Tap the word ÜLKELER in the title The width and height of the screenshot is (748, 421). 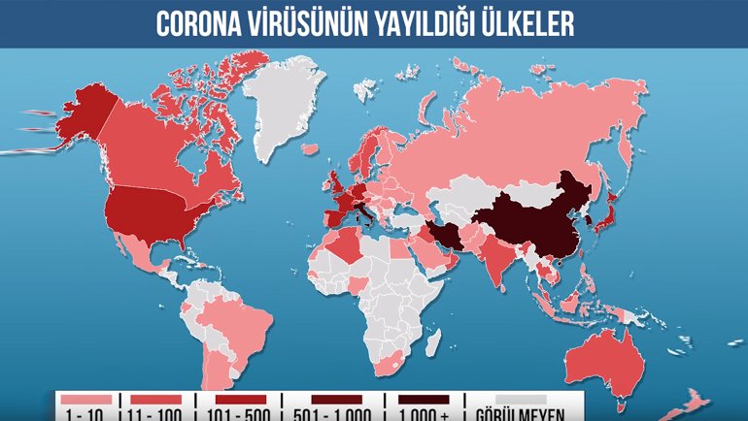coord(521,23)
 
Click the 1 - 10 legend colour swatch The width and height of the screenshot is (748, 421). coord(85,399)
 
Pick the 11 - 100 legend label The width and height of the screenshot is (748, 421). coord(153,414)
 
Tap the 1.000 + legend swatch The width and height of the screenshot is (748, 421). coord(423,399)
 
